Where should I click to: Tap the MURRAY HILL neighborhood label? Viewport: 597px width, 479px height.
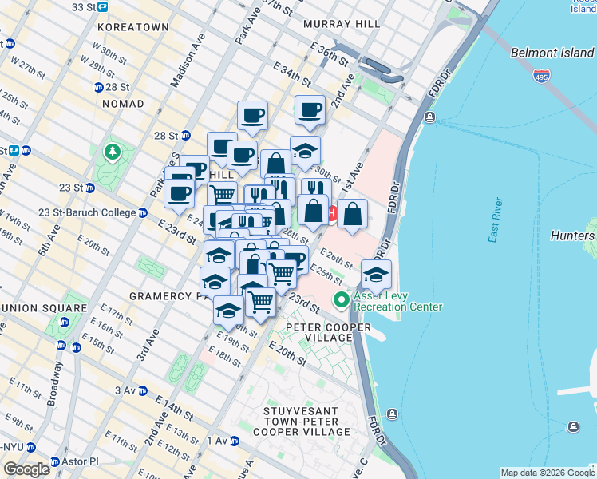pyautogui.click(x=342, y=25)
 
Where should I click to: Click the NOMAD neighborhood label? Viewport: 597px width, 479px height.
pyautogui.click(x=123, y=104)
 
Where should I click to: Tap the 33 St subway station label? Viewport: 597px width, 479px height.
pyautogui.click(x=89, y=6)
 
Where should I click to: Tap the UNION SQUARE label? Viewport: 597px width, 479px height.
pyautogui.click(x=44, y=308)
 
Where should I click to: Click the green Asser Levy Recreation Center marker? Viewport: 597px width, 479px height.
pyautogui.click(x=342, y=301)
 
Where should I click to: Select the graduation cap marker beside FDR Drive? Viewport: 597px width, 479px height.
pyautogui.click(x=376, y=275)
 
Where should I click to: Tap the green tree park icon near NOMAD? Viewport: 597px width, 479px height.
pyautogui.click(x=113, y=151)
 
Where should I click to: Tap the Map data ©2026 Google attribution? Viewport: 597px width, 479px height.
pyautogui.click(x=548, y=473)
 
